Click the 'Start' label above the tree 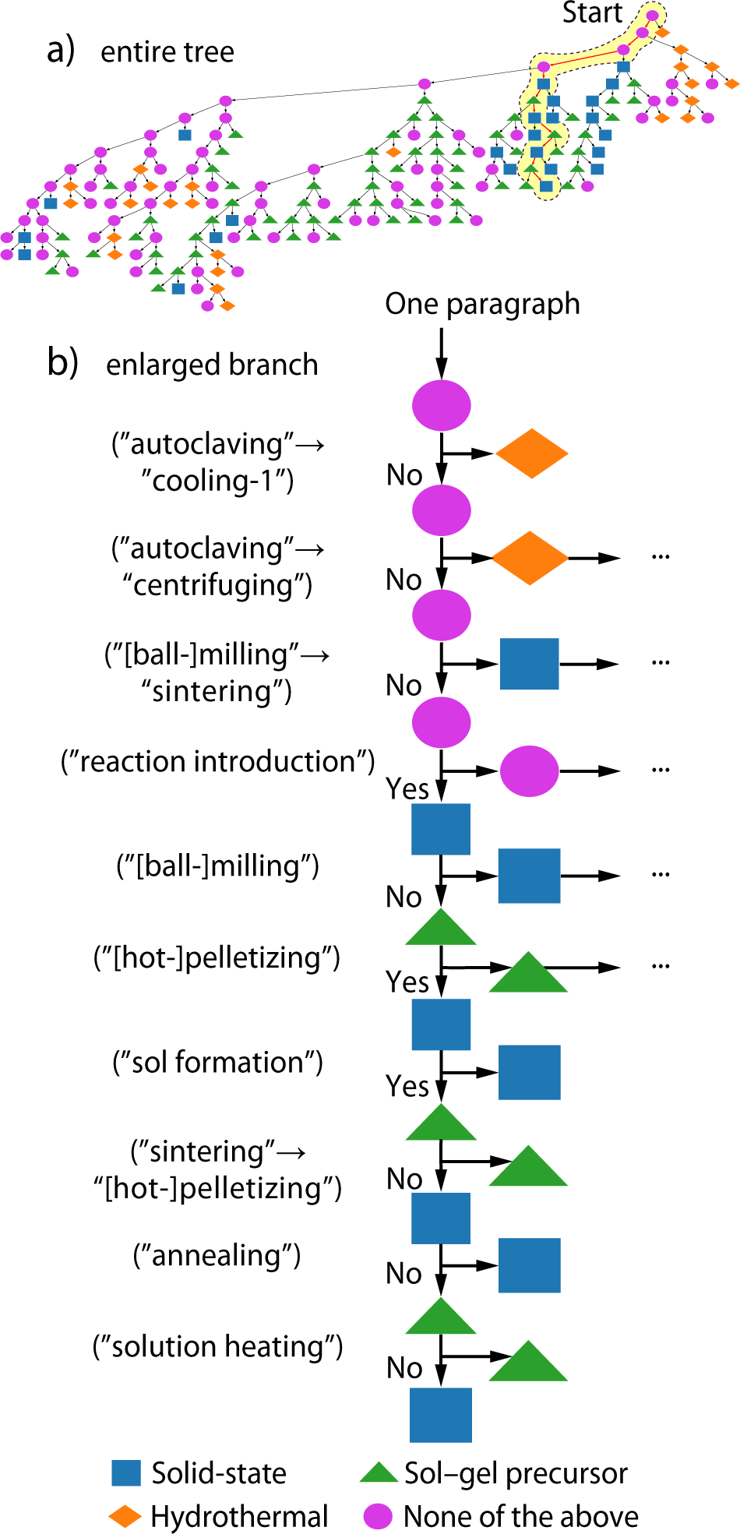point(592,13)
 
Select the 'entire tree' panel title point(167,52)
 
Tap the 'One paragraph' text point(482,304)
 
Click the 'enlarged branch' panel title point(212,365)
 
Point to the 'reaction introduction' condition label point(218,761)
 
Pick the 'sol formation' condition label point(218,1062)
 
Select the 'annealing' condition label point(217,1255)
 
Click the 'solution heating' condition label point(218,1346)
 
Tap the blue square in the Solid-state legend point(126,1473)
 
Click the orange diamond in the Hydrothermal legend point(125,1516)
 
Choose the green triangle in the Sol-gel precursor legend point(379,1473)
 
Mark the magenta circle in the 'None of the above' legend point(378,1516)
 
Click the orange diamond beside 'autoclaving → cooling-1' point(531,453)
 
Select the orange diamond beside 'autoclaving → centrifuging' point(530,558)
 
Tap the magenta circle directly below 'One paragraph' point(441,405)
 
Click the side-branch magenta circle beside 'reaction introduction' point(529,771)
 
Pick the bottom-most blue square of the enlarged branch point(441,1414)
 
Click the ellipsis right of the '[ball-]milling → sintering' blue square point(661,663)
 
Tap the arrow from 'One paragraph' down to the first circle point(441,354)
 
